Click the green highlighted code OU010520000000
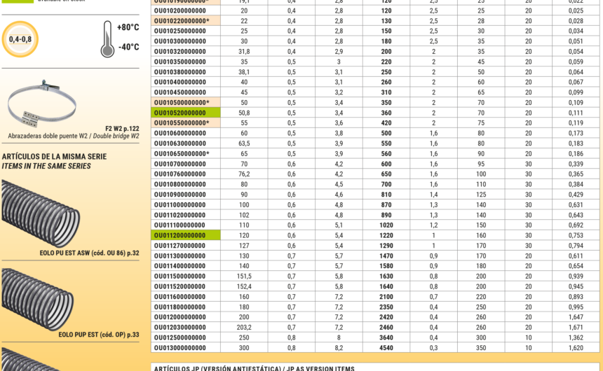pyautogui.click(x=179, y=113)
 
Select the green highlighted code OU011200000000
pyautogui.click(x=179, y=235)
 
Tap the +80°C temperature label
pyautogui.click(x=128, y=28)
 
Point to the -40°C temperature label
pyautogui.click(x=128, y=48)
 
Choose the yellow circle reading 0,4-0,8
pyautogui.click(x=20, y=39)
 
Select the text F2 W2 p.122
pyautogui.click(x=122, y=128)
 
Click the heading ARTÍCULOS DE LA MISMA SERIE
pyautogui.click(x=54, y=157)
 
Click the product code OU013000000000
pyautogui.click(x=179, y=348)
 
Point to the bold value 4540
pyautogui.click(x=386, y=348)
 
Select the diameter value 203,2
pyautogui.click(x=244, y=327)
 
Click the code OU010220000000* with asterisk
pyautogui.click(x=182, y=21)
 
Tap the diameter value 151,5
pyautogui.click(x=244, y=276)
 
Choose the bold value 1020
pyautogui.click(x=386, y=225)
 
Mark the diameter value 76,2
pyautogui.click(x=244, y=174)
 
